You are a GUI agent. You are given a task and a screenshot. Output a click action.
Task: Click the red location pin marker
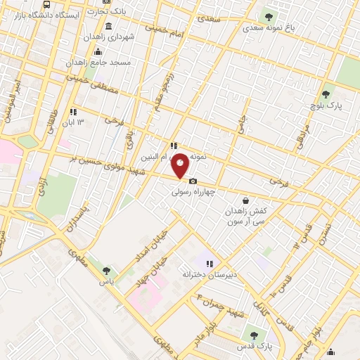(181, 165)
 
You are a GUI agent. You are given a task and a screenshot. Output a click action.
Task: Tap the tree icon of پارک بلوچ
(325, 94)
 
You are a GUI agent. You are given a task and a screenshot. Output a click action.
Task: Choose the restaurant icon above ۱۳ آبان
(72, 112)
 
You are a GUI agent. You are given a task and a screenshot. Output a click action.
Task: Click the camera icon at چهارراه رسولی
(193, 181)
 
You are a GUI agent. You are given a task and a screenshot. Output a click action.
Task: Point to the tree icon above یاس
(107, 270)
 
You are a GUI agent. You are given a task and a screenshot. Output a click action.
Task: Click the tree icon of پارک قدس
(254, 335)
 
